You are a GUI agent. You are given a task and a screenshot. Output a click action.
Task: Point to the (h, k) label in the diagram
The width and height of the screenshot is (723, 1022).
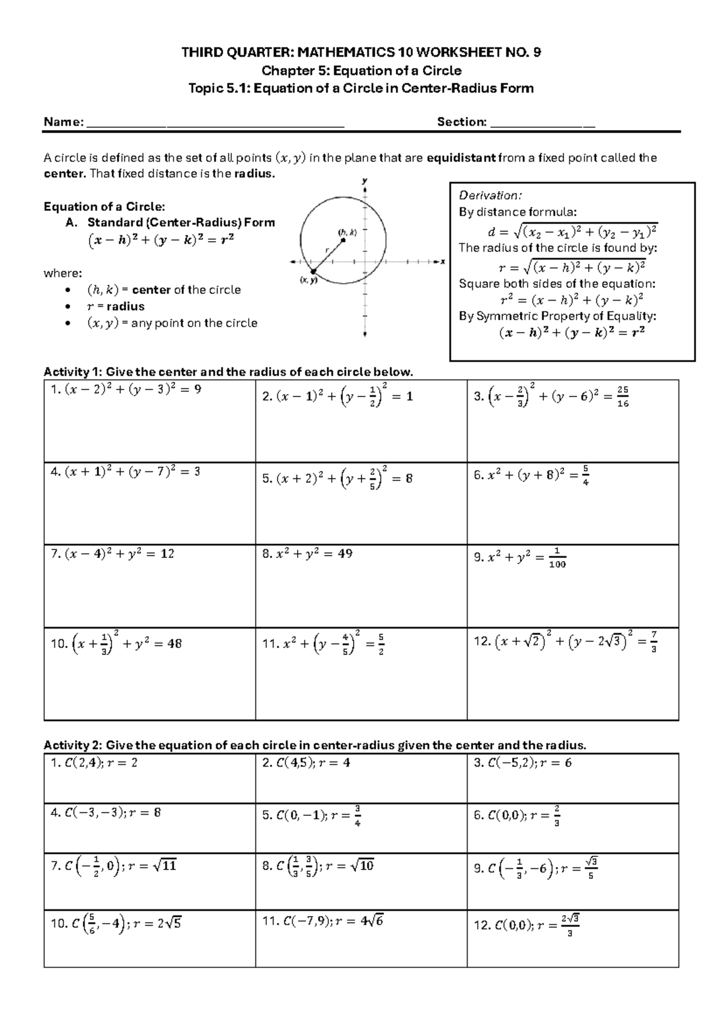[x=348, y=233]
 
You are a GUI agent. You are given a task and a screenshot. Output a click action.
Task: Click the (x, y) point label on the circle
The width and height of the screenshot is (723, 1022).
[x=308, y=280]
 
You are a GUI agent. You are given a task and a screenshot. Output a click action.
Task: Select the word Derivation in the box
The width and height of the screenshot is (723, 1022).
[x=490, y=195]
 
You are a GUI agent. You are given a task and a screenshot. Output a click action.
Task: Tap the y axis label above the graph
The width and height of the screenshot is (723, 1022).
[x=364, y=180]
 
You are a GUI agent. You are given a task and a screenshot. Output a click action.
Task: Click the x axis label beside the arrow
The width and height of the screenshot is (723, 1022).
[x=443, y=262]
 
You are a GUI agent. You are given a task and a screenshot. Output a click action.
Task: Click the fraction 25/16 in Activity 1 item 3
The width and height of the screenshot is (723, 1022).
[x=623, y=398]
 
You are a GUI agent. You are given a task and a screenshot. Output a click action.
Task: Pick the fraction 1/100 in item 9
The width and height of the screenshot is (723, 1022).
[x=558, y=558]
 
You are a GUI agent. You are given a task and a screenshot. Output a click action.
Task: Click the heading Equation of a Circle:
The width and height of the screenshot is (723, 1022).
[x=104, y=207]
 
